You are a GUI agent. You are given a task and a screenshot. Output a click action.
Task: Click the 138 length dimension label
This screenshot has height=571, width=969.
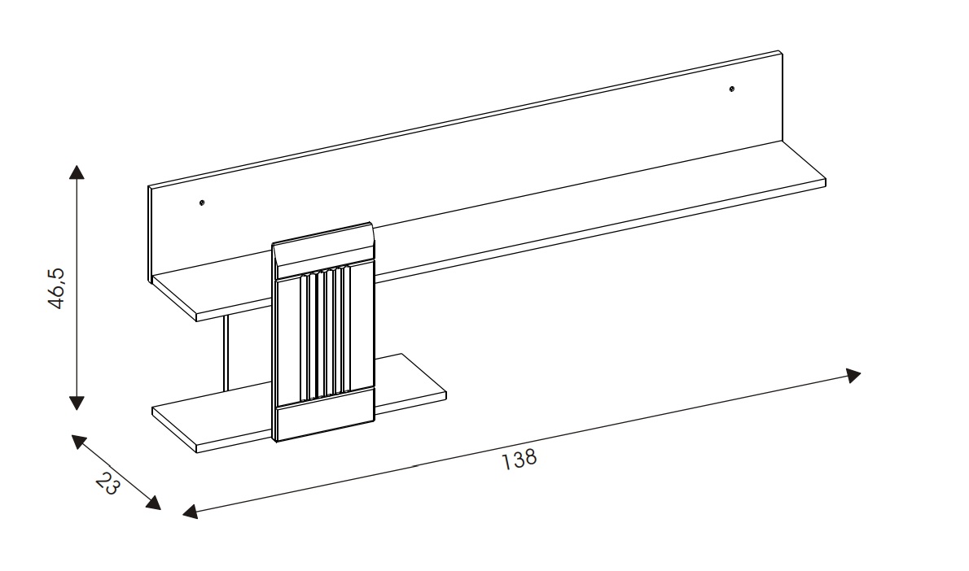coord(520,459)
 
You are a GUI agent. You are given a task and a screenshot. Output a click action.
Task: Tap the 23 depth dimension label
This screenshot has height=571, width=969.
coord(107,484)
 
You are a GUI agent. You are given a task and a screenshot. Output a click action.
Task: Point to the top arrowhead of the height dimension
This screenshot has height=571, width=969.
coord(77,172)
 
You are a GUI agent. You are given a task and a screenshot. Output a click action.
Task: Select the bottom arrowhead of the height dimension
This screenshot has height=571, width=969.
coord(77,402)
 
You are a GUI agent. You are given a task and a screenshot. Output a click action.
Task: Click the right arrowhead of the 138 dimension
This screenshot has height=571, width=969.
coord(853,375)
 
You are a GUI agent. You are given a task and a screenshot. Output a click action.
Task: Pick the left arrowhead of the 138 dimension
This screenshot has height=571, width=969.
coord(190,512)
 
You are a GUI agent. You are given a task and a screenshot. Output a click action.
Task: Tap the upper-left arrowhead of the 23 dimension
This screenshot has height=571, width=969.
coord(78,442)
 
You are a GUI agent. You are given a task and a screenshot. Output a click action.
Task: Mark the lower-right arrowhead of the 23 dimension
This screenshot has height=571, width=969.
coord(152,503)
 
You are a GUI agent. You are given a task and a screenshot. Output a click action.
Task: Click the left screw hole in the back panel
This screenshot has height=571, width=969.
coord(202,202)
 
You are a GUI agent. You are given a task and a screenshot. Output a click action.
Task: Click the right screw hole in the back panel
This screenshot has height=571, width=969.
coord(732,88)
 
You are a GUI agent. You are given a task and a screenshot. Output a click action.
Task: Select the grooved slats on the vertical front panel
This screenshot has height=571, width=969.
coord(325,333)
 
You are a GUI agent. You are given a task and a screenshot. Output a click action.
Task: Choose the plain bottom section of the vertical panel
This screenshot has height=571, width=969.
coord(325,418)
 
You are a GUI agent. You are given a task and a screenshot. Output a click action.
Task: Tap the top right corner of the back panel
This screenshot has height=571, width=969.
coord(781,54)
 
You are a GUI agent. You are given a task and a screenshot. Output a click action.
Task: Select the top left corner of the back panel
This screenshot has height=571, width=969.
coord(151,187)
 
